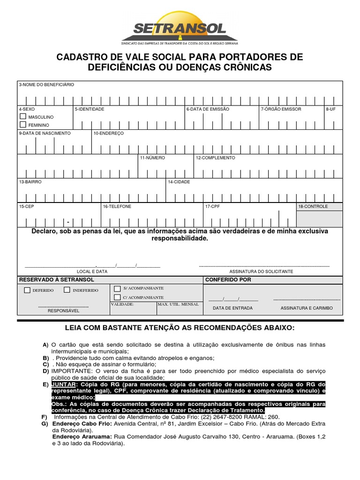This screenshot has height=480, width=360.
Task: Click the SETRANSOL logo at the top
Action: click(x=180, y=28)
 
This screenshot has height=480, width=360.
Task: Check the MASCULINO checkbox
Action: click(x=22, y=116)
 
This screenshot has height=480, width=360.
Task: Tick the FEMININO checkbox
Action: click(x=22, y=125)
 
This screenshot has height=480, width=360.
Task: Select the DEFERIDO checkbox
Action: click(x=27, y=290)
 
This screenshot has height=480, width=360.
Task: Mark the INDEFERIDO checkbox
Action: click(x=67, y=290)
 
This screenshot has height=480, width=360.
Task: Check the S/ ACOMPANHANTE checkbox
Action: click(x=117, y=288)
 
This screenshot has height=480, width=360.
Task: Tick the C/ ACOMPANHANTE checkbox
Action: click(x=117, y=298)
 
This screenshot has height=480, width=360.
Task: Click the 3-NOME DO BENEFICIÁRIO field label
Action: click(x=46, y=85)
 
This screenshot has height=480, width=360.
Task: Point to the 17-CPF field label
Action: click(x=212, y=206)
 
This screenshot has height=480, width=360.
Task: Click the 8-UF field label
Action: click(x=330, y=109)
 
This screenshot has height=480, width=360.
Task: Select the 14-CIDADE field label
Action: click(x=179, y=181)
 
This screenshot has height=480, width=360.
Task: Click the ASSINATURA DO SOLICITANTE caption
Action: click(x=261, y=271)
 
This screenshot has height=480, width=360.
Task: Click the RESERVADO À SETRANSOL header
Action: click(x=50, y=280)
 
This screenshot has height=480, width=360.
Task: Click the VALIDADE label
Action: click(x=122, y=304)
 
